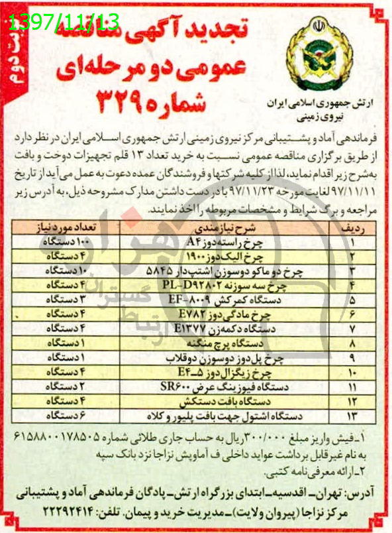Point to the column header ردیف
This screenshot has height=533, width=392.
352,226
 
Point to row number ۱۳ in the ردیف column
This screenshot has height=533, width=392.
352,416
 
